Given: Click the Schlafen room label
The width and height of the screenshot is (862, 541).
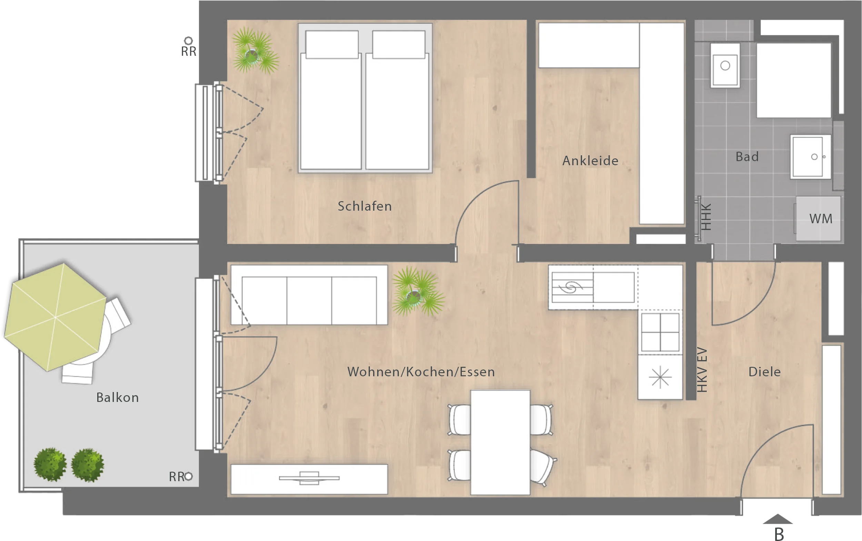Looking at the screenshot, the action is [364, 206].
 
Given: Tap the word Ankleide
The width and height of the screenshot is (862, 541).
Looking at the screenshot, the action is [590, 161].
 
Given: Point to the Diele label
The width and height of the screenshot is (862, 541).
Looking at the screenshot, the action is [765, 372].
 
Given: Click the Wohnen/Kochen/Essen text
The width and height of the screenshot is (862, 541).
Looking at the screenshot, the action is [421, 372].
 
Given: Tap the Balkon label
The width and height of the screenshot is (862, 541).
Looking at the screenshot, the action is [117, 398].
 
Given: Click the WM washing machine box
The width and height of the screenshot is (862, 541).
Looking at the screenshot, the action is [818, 218].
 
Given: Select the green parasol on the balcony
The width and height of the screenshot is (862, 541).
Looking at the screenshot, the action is [56, 317].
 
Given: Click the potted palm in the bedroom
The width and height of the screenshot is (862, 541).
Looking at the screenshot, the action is [255, 51].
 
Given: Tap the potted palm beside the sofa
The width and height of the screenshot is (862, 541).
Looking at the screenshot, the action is [418, 292].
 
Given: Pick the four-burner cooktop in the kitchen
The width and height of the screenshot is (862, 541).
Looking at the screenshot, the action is [660, 332].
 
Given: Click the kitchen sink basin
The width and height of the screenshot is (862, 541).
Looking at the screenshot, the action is [614, 287].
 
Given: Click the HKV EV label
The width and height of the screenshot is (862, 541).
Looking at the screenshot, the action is [702, 370].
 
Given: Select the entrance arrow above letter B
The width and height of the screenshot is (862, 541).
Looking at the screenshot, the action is [778, 519].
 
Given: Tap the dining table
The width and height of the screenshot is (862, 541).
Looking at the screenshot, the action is [500, 443].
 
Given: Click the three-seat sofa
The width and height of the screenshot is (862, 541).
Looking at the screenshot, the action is [309, 295].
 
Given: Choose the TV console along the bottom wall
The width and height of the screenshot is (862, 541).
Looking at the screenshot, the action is [309, 479].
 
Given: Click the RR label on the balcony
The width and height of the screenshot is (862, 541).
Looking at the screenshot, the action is [177, 477].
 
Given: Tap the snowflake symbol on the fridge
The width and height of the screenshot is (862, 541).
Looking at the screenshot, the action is [660, 377].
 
